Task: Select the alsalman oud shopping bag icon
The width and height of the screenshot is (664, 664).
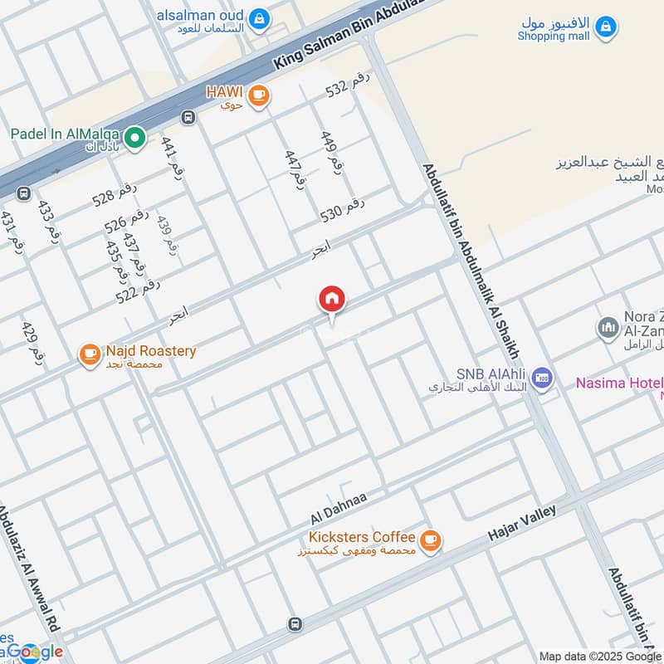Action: click(259, 17)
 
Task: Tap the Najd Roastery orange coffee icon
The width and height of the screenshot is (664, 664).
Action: click(89, 355)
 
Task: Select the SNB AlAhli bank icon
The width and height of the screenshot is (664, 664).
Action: click(542, 378)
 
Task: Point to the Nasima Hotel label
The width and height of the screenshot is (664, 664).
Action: click(619, 383)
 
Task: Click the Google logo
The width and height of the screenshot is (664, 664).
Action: click(33, 652)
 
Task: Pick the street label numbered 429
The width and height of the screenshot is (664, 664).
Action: click(32, 341)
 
